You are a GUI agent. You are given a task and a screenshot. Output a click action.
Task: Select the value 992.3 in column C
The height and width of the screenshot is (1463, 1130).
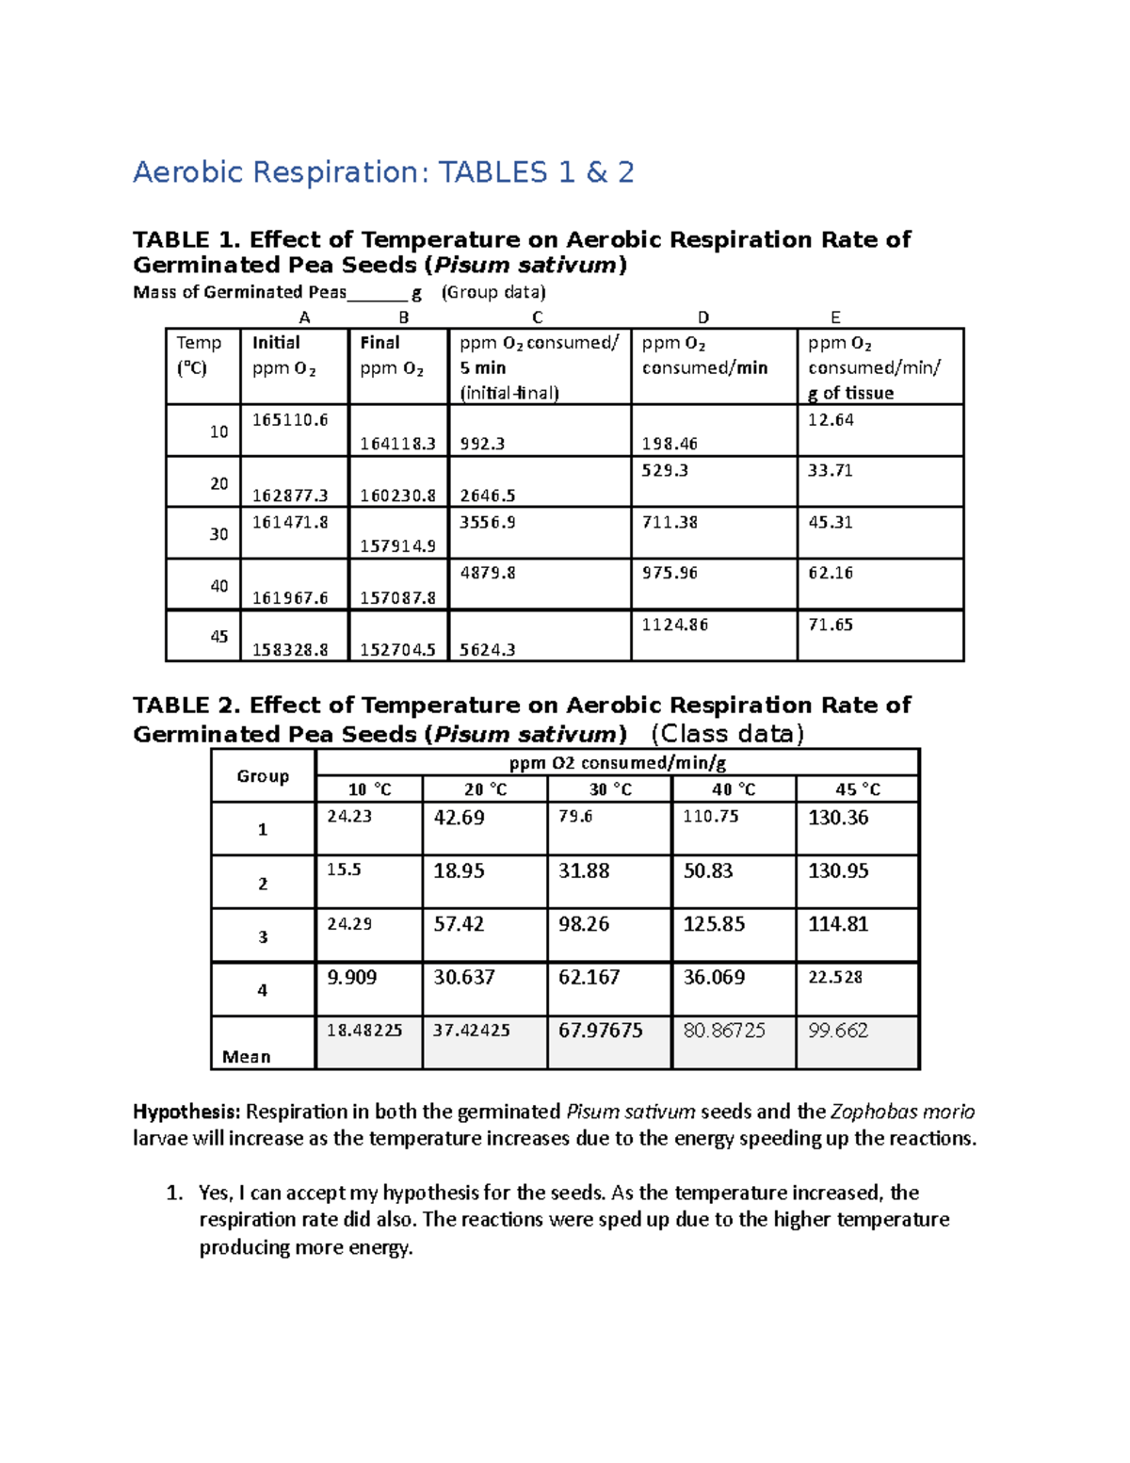point(482,444)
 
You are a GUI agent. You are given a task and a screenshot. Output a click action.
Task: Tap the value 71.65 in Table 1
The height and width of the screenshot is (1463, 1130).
point(830,625)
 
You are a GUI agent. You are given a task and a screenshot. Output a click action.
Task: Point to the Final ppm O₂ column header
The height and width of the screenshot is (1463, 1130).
point(392,356)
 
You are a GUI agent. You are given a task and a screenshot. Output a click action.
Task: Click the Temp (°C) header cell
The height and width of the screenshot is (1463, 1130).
point(199,355)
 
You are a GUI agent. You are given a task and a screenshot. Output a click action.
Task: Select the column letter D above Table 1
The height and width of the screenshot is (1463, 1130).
point(702,317)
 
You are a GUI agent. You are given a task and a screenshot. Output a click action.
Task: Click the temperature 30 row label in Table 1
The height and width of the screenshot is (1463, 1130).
point(218,534)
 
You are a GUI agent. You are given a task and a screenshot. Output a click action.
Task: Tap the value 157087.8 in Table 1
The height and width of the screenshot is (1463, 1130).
point(397,598)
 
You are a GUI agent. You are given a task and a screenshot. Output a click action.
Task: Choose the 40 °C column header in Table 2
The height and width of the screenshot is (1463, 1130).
point(733,789)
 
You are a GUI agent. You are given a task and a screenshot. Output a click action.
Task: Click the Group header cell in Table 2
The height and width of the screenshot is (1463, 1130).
point(263,776)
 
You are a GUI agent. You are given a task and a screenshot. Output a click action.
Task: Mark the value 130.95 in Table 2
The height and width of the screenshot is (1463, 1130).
point(838,871)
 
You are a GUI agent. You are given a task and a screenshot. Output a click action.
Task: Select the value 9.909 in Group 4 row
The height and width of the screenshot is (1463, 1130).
point(351,978)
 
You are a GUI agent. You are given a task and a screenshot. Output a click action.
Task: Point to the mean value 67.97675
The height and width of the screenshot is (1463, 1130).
point(600,1031)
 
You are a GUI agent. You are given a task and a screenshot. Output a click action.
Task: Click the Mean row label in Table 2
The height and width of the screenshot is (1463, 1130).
point(246,1057)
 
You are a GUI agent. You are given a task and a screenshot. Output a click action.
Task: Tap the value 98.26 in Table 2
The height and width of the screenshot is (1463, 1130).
point(584,924)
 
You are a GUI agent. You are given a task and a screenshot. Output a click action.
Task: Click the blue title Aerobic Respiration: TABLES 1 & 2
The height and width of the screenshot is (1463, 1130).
point(383,172)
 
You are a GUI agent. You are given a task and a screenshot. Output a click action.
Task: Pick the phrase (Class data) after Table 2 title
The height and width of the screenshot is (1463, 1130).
point(727,734)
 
